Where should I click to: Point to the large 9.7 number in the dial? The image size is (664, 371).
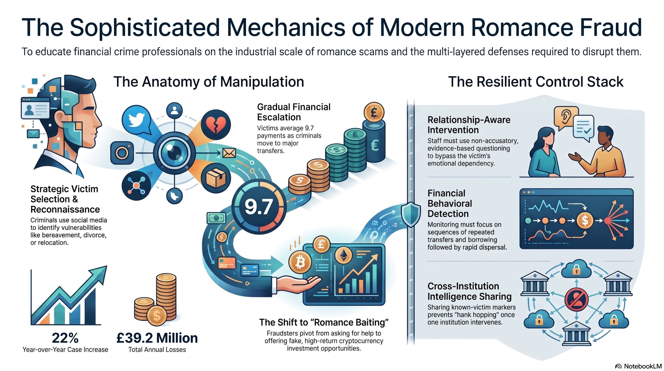(x=259, y=207)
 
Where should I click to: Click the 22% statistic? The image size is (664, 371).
(x=65, y=338)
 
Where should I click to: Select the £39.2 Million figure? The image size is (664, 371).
(x=157, y=338)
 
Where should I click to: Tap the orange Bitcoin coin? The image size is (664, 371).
(x=300, y=263)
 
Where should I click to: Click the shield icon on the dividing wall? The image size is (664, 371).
(x=411, y=214)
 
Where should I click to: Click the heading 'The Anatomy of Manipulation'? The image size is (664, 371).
(x=209, y=82)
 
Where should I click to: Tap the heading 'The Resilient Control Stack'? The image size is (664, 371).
(x=536, y=82)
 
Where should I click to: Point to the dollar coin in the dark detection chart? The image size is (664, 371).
(x=585, y=220)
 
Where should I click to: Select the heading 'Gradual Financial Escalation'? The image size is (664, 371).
(x=294, y=112)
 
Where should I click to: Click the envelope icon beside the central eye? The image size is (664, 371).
(x=229, y=153)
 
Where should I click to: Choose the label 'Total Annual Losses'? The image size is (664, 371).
(x=157, y=350)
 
